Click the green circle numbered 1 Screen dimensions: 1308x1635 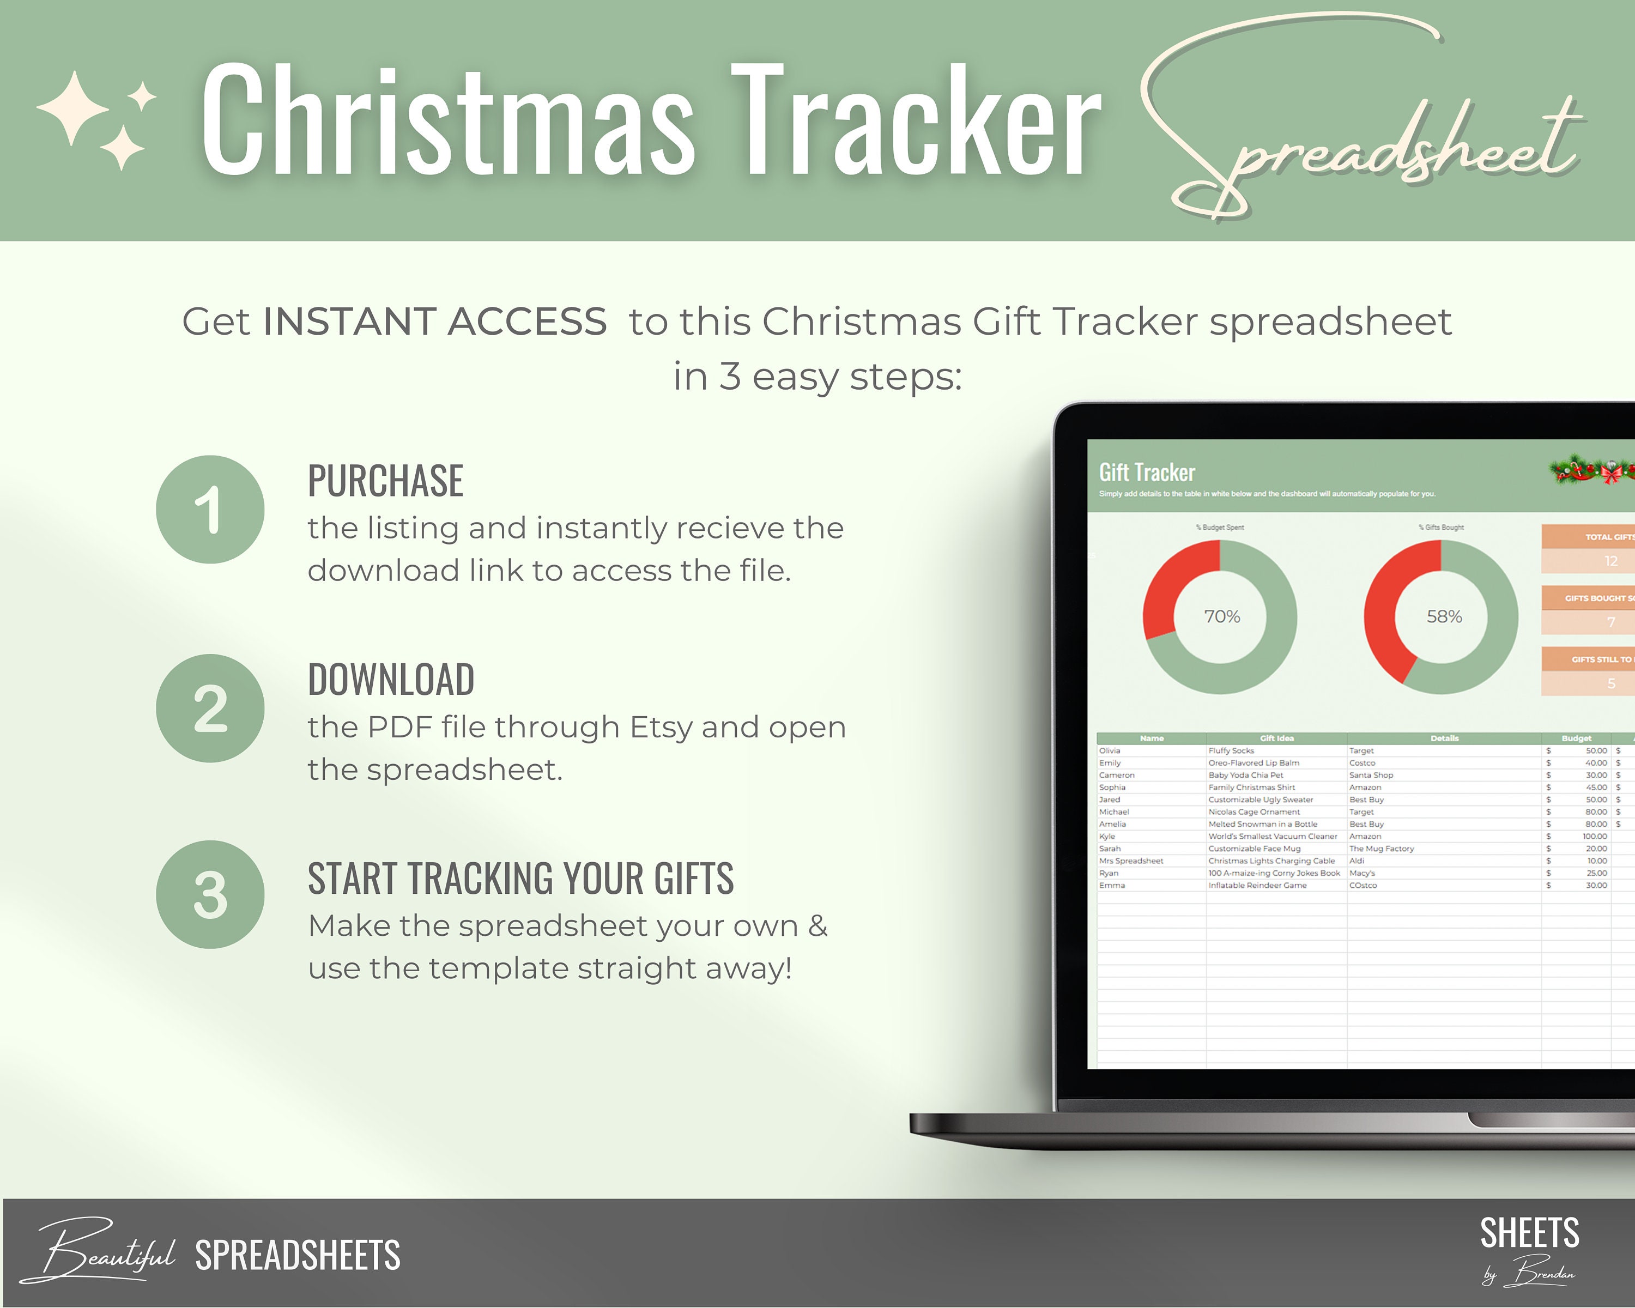[x=210, y=510]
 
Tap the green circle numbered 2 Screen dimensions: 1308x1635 [x=210, y=708]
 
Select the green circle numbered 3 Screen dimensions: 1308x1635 [x=210, y=895]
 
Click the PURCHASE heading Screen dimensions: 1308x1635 [x=385, y=481]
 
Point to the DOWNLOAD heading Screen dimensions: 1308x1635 [x=391, y=680]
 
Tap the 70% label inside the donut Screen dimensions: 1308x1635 [x=1222, y=616]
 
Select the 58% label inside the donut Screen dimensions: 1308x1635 [x=1444, y=616]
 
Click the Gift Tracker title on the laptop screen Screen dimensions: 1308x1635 [x=1147, y=473]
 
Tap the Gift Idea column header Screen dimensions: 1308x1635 [x=1276, y=738]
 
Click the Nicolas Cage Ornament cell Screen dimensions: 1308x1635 [x=1253, y=812]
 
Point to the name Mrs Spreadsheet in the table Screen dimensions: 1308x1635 [x=1131, y=861]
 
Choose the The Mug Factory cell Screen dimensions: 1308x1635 [x=1381, y=849]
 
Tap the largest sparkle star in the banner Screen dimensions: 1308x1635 [x=74, y=108]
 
